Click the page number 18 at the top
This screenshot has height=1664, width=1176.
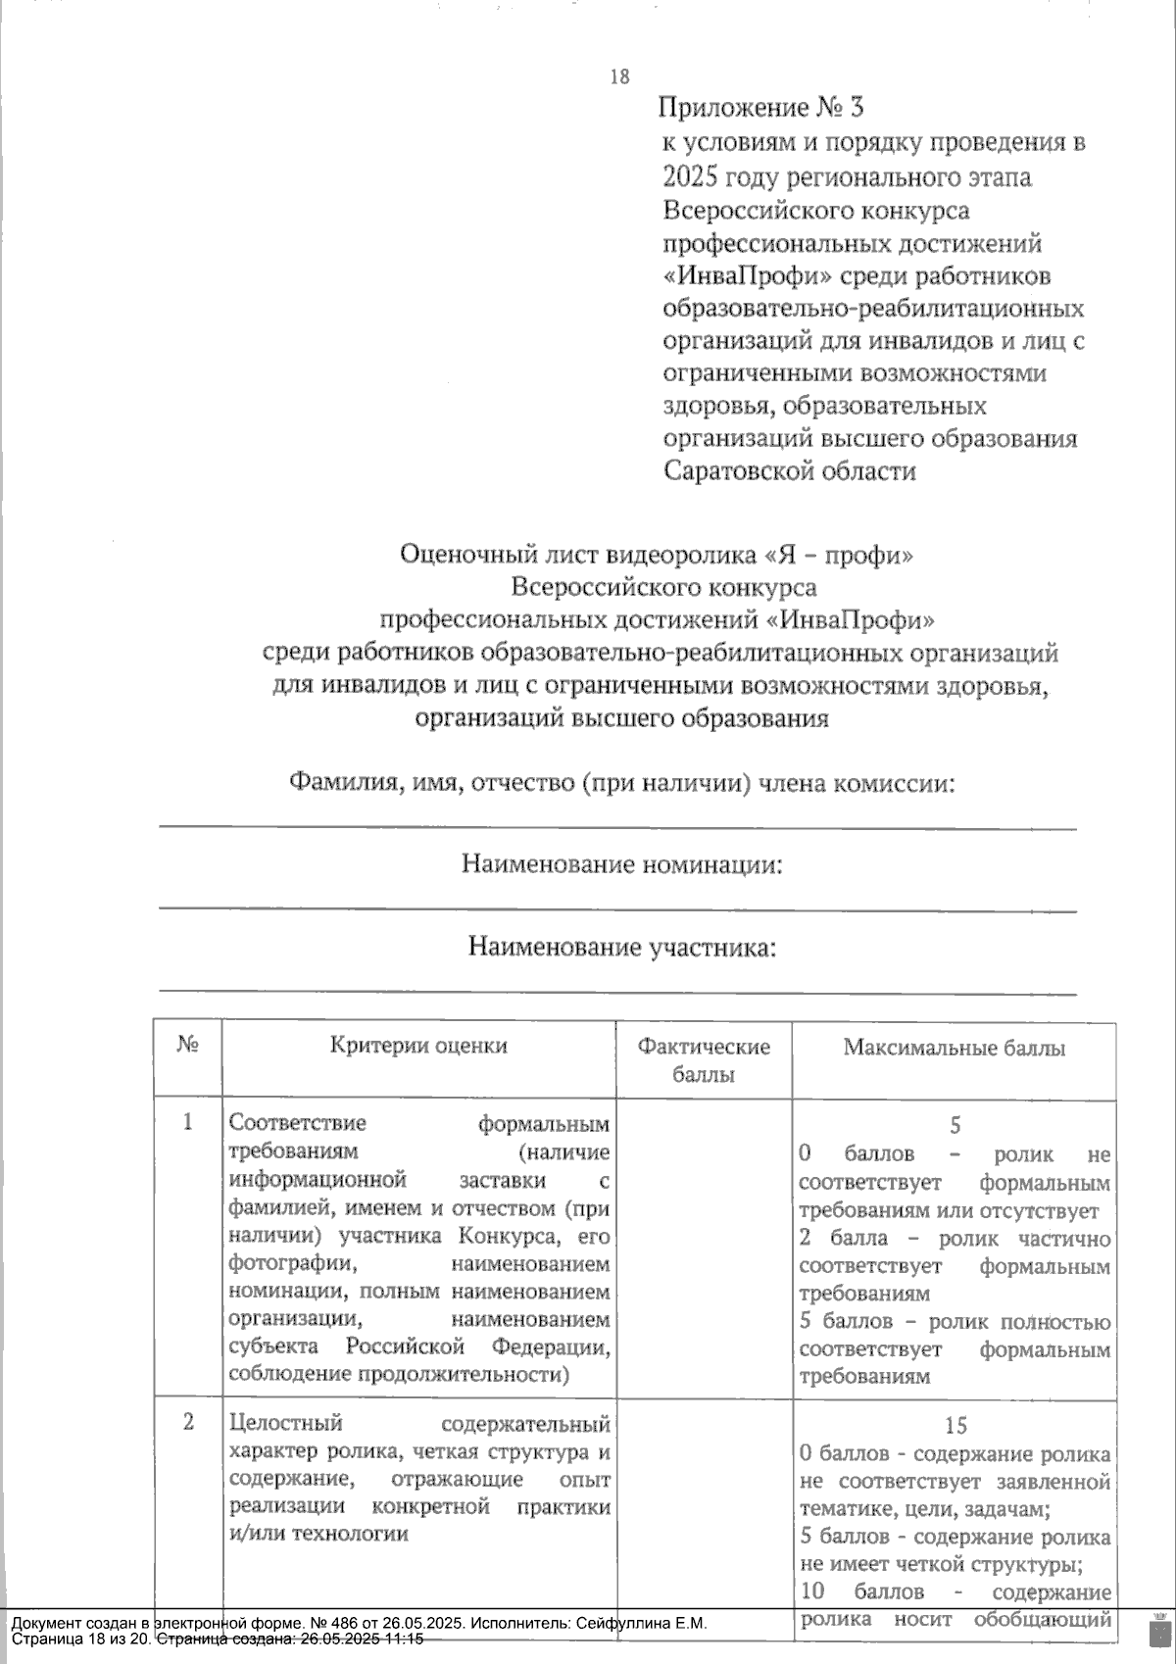tap(619, 77)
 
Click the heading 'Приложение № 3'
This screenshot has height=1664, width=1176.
tap(760, 107)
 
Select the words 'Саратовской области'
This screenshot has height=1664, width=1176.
tap(790, 470)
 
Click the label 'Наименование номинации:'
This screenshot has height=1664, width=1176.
tap(622, 864)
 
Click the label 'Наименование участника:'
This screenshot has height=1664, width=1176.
tap(622, 948)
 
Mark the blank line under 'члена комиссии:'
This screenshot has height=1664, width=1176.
tap(617, 828)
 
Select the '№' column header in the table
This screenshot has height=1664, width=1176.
tap(188, 1046)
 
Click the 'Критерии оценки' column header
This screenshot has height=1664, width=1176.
tap(418, 1046)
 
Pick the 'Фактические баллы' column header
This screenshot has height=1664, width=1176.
tap(704, 1059)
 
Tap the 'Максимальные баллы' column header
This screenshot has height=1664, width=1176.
tap(954, 1048)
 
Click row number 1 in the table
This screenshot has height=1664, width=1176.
tap(188, 1122)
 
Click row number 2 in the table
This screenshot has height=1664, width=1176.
tap(188, 1422)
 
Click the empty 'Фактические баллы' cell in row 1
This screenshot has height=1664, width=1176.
tap(704, 1245)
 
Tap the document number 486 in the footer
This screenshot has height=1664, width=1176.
tap(333, 1623)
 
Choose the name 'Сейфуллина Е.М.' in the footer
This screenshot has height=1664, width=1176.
tap(645, 1623)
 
